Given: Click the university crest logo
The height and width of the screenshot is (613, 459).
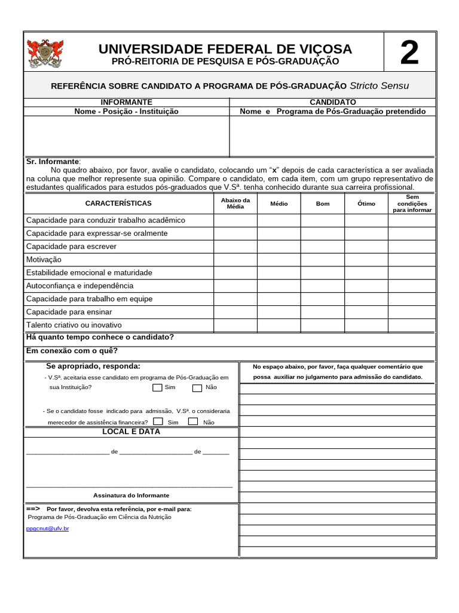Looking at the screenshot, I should (45, 53).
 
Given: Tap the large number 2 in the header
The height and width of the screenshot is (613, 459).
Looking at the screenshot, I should (409, 53).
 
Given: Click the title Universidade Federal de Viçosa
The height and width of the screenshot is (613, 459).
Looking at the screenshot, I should (225, 49).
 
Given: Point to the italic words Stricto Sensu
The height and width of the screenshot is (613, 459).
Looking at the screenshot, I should (379, 86).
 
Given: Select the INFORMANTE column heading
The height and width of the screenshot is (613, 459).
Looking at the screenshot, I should (126, 102).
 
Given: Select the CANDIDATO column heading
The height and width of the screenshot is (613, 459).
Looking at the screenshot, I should (333, 102).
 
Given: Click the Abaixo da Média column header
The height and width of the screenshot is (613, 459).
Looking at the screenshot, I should (235, 203).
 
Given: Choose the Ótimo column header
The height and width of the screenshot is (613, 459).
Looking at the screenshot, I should (366, 204).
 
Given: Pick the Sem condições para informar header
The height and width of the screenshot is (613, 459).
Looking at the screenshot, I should (412, 204).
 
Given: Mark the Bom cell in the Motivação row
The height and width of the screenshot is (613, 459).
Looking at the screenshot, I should (323, 260).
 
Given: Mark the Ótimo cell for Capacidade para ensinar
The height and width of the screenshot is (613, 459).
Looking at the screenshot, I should (366, 312).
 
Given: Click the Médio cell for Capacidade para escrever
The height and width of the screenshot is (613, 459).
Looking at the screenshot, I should (279, 247).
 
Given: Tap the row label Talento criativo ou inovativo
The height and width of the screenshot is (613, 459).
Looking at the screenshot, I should (74, 325).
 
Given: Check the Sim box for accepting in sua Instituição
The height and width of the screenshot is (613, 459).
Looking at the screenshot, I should (157, 387).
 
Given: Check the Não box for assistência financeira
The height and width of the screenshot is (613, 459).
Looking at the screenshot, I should (193, 421).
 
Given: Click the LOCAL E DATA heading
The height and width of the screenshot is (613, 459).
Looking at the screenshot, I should (131, 432).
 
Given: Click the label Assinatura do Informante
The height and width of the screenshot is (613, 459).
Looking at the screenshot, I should (131, 495).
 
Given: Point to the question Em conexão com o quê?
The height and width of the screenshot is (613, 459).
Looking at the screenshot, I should (72, 351).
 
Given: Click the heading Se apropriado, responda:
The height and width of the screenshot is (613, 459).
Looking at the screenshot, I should (93, 366).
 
